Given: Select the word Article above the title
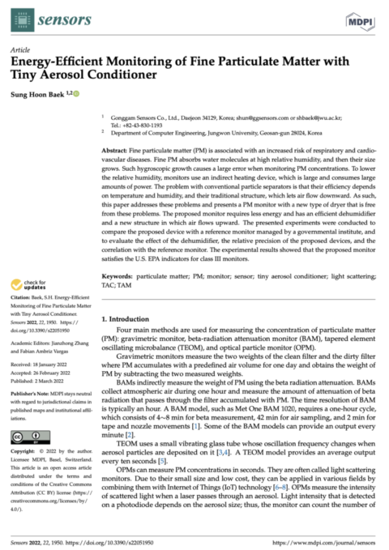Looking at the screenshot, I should (x=20, y=49).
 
